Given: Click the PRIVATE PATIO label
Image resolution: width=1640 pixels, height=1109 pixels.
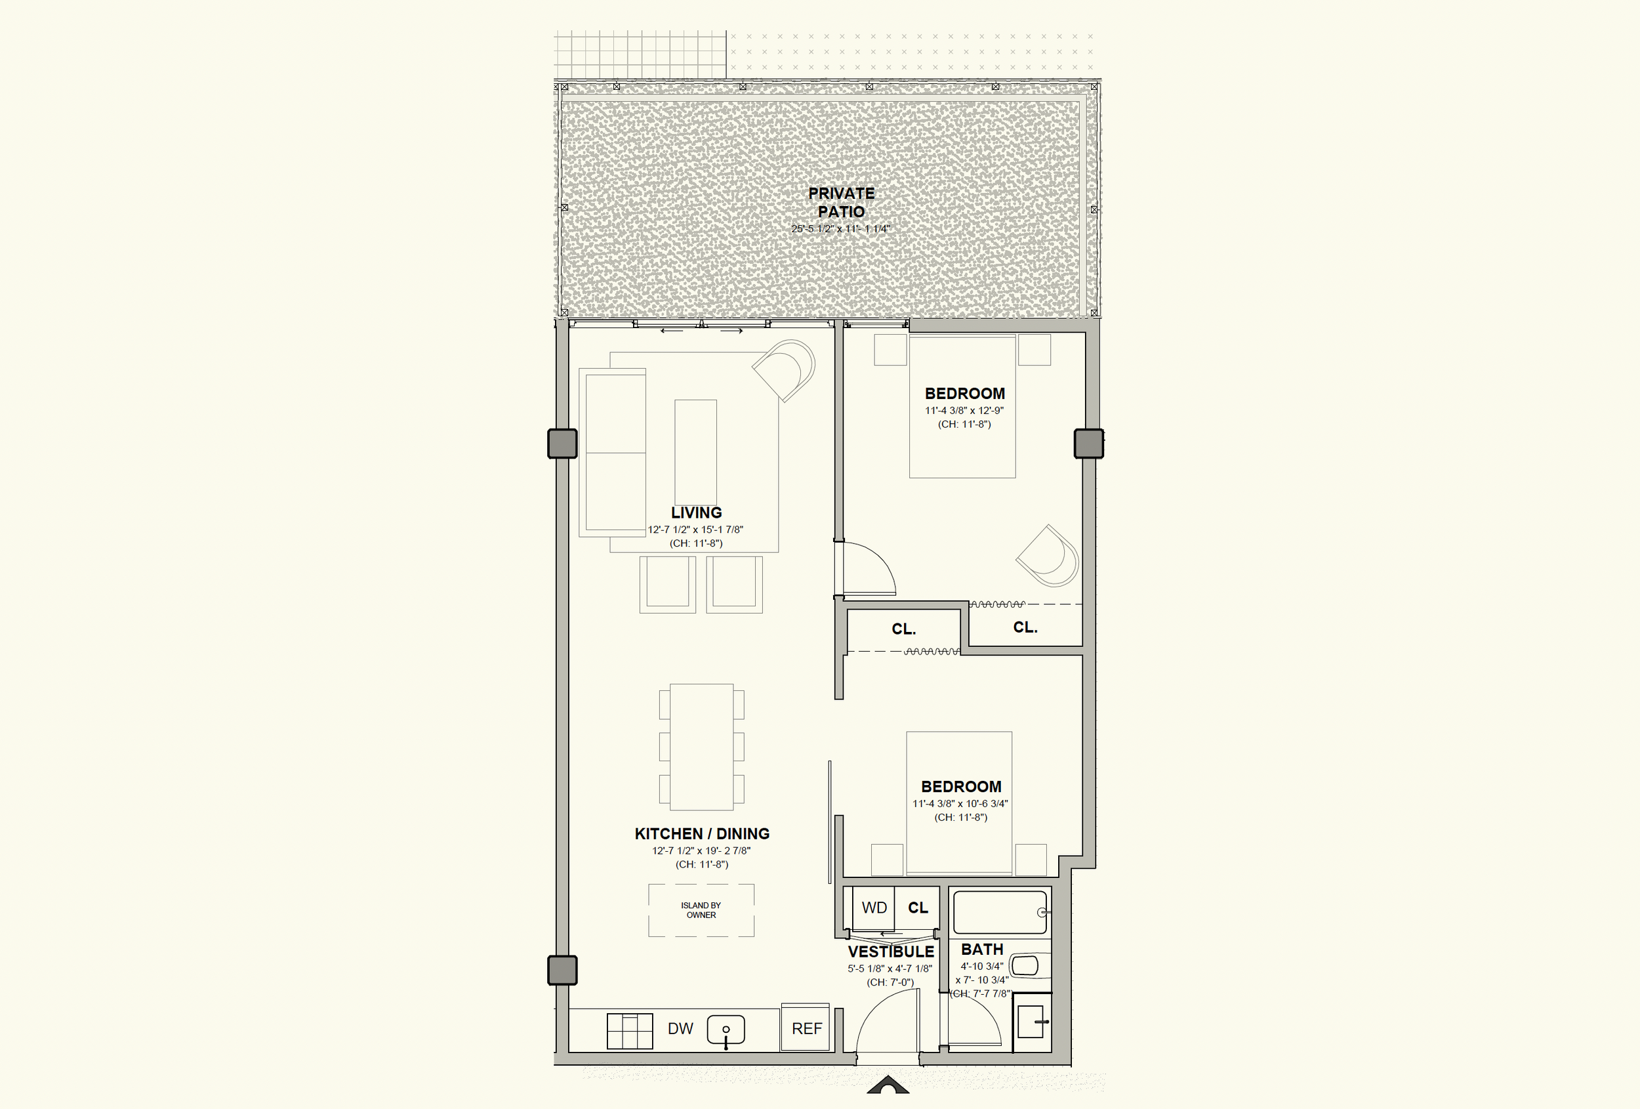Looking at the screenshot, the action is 841,202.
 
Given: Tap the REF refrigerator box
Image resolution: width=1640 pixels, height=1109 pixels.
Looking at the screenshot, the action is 805,1028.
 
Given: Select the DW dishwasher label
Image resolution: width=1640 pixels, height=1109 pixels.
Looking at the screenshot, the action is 680,1028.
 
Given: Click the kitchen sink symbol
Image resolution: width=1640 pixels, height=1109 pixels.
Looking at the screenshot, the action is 726,1032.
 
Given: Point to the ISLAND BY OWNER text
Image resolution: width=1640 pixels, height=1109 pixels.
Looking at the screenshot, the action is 701,910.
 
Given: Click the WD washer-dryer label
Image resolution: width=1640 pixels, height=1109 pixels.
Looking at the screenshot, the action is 874,908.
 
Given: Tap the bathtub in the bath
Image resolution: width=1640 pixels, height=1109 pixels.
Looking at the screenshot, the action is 1000,913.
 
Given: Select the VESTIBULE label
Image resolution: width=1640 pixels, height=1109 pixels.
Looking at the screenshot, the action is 891,952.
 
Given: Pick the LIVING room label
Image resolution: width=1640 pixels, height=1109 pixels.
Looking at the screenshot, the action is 697,513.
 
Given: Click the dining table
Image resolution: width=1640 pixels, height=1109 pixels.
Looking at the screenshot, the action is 701,746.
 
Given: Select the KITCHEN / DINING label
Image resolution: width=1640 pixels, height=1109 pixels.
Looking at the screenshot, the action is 702,833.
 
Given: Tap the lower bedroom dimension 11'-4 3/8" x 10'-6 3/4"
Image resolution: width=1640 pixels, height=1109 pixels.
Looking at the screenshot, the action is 960,803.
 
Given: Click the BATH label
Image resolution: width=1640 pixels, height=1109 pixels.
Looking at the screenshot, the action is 981,950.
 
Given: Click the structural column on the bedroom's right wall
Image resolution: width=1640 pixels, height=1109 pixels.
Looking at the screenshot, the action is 1089,444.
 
